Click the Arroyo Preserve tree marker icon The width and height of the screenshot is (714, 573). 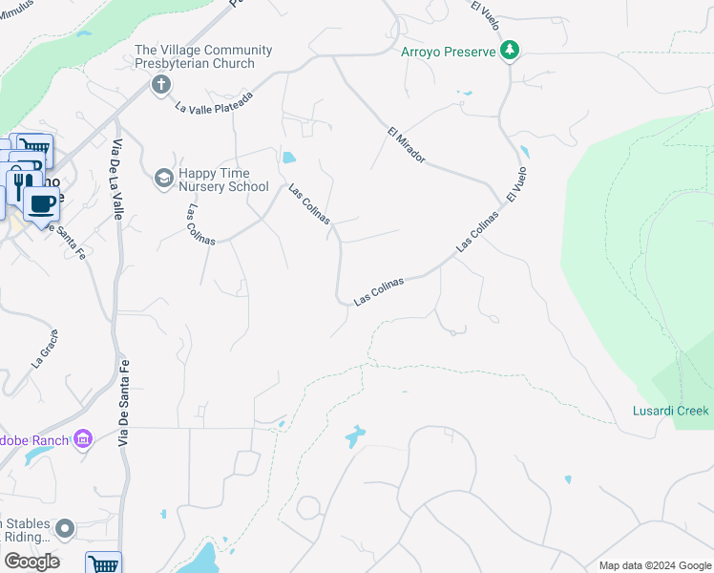511,50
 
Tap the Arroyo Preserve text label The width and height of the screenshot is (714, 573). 449,51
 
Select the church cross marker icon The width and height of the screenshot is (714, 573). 160,85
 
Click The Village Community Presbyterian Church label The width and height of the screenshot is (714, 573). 203,56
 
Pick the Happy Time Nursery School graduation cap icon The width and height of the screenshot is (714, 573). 163,178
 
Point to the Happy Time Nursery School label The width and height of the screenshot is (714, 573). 223,179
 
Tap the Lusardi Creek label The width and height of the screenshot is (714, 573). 671,411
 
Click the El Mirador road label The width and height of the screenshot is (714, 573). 407,144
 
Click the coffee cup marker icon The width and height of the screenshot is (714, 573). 40,204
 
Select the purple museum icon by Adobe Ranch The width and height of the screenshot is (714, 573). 83,438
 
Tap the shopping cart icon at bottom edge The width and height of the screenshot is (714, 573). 103,564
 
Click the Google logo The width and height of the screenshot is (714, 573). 31,561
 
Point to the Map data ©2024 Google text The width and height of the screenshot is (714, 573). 655,565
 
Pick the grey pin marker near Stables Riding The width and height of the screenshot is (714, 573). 65,528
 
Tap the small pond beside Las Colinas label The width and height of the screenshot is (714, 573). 288,157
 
